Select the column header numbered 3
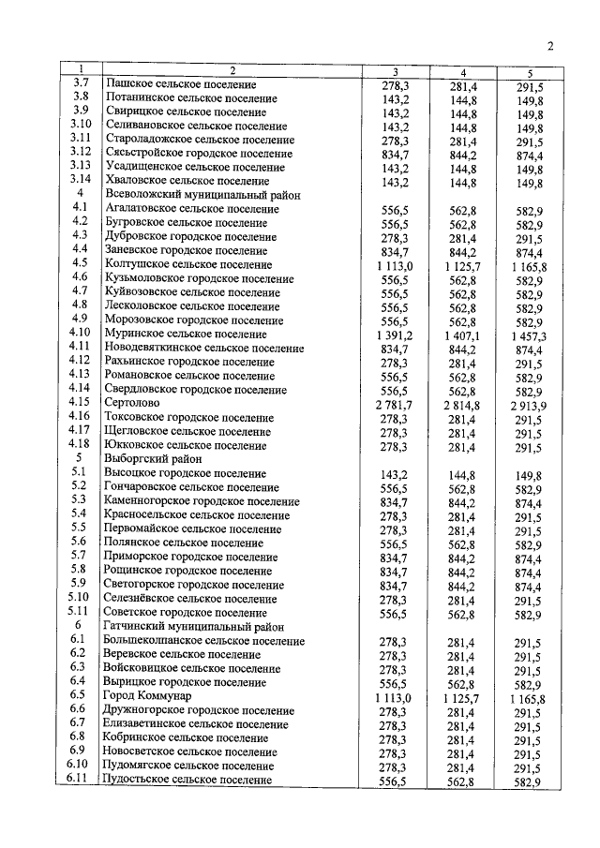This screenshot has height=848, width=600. point(395,71)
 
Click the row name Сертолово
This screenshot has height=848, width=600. point(129,402)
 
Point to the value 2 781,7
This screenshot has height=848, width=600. point(395,403)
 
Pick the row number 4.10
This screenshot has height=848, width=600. point(80,333)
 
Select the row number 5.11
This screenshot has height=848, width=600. point(80,611)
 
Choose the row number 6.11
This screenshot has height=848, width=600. point(80,779)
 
